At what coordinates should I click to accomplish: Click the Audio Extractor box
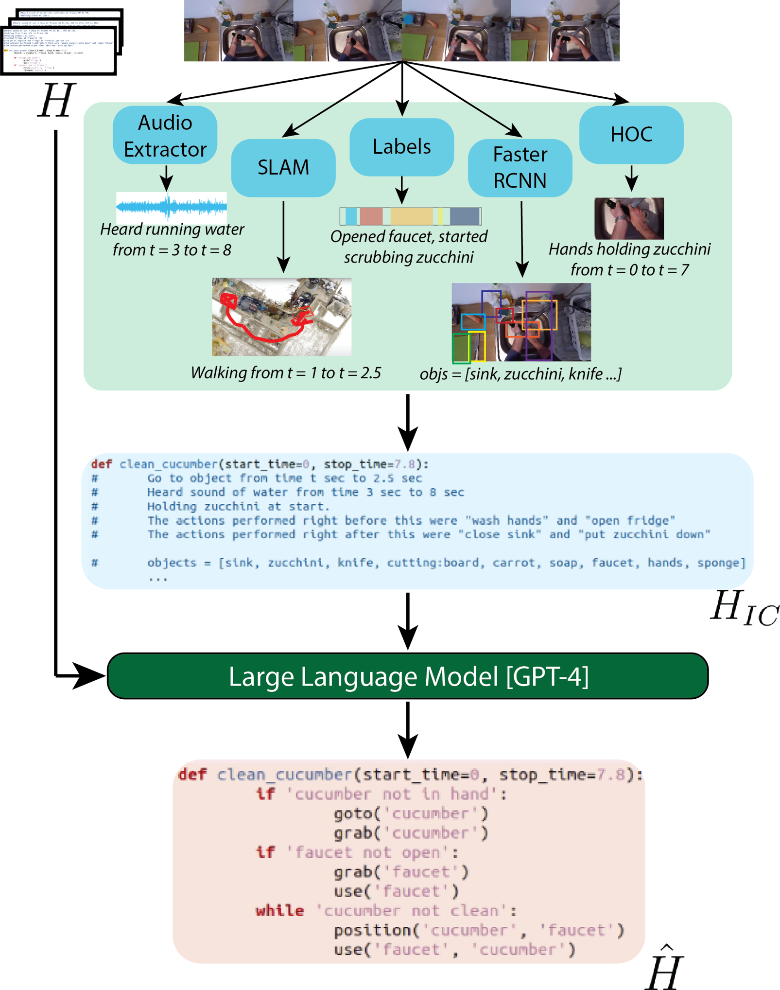point(165,135)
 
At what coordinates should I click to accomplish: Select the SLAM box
point(283,168)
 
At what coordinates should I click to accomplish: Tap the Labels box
point(401,147)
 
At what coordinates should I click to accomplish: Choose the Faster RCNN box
point(520,168)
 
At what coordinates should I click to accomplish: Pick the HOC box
point(631,135)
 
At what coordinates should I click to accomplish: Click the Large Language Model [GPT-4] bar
point(407,676)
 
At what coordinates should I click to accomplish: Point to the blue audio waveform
point(171,207)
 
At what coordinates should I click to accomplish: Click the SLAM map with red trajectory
point(281,317)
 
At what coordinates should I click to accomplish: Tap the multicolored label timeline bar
point(410,216)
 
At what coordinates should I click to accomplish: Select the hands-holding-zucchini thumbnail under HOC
point(629,218)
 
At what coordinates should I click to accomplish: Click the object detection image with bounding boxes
point(521,322)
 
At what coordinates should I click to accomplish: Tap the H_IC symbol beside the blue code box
point(744,608)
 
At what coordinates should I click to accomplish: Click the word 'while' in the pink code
point(280,910)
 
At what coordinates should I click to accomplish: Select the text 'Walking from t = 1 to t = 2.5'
point(286,373)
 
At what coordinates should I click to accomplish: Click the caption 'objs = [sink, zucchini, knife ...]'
point(520,374)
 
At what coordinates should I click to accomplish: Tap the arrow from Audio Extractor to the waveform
point(166,178)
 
